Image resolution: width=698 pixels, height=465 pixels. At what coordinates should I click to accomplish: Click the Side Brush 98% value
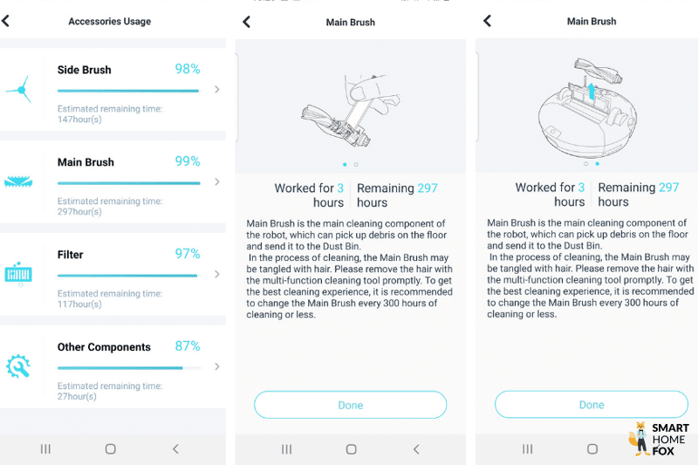188,69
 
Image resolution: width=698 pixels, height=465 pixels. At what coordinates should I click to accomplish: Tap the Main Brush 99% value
188,161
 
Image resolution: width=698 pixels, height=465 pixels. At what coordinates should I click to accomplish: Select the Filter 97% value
188,254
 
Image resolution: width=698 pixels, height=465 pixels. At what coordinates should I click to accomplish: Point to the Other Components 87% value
188,346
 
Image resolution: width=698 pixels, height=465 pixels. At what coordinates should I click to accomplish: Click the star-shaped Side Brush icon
18,89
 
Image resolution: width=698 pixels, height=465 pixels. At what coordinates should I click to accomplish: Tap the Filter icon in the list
18,273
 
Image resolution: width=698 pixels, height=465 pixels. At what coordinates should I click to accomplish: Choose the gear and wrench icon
18,366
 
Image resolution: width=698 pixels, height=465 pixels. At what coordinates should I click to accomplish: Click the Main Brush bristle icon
18,181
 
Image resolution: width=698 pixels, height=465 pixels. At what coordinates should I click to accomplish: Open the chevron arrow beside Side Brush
216,89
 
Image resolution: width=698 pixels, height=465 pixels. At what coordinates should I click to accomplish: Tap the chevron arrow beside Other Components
216,366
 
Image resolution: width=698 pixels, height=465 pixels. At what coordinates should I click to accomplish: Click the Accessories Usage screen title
110,22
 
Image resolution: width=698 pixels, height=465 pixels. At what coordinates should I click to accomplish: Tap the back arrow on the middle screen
246,22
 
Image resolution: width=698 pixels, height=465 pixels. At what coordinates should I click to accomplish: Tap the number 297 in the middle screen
428,188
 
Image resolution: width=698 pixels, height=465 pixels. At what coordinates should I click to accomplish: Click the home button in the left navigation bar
110,448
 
